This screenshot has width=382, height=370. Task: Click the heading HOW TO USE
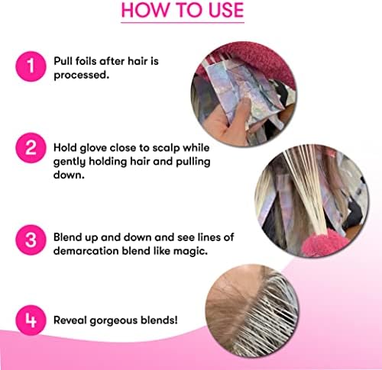pos(183,11)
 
